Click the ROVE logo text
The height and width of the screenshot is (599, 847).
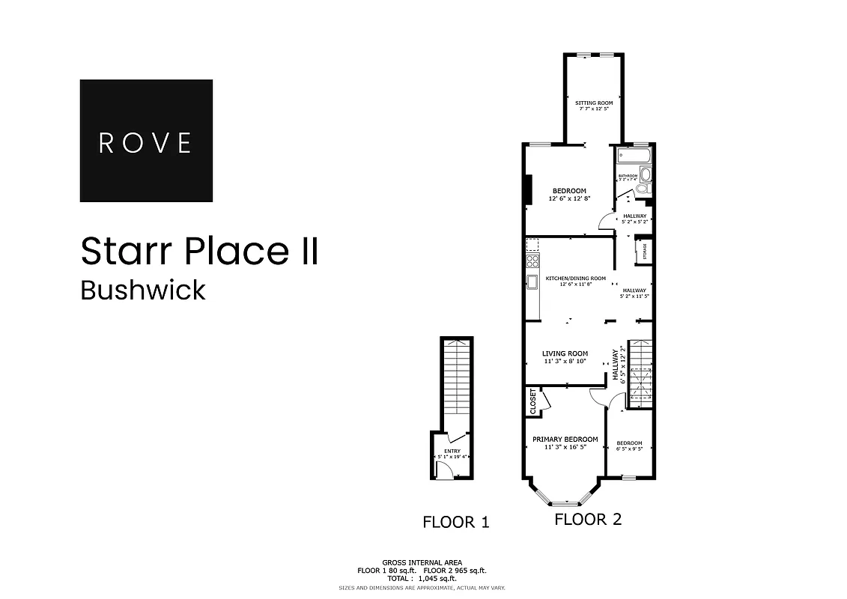click(145, 142)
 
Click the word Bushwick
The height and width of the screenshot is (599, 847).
click(143, 291)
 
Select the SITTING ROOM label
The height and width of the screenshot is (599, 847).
click(593, 103)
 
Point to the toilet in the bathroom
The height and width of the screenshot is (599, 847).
click(646, 176)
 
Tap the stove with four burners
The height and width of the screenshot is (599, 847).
click(532, 261)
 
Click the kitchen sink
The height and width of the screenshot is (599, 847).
click(532, 282)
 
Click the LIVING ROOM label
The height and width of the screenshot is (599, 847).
click(565, 353)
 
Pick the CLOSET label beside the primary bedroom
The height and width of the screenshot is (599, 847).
click(533, 401)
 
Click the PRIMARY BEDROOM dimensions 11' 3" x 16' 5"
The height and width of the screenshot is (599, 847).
click(565, 448)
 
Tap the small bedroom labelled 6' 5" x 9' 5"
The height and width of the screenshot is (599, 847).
click(629, 447)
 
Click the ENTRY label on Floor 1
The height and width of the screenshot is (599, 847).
click(452, 451)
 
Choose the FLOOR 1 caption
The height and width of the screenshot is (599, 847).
click(455, 523)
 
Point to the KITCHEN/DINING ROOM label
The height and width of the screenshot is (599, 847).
click(575, 279)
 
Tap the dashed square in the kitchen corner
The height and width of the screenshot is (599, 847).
click(532, 245)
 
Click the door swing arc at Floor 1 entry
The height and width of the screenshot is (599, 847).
click(445, 469)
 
